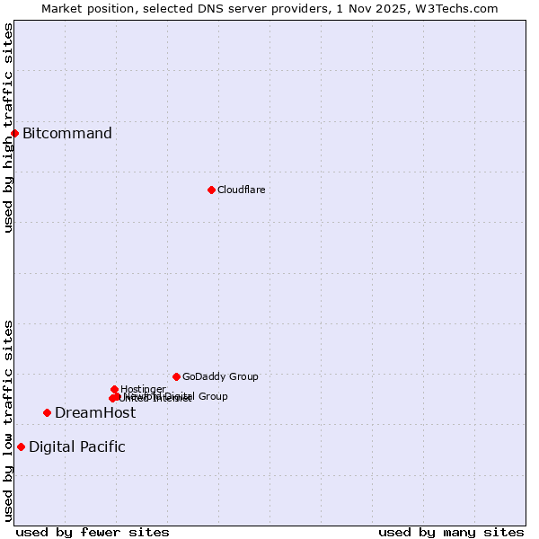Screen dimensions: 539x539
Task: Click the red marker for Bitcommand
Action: click(14, 133)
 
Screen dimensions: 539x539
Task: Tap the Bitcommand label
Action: click(67, 134)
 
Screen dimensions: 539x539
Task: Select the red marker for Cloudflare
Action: click(211, 190)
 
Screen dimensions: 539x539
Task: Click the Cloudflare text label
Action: click(241, 190)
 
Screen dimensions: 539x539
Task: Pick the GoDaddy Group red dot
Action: click(176, 376)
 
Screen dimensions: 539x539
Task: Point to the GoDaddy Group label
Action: click(220, 376)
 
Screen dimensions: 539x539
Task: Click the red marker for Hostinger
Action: click(114, 389)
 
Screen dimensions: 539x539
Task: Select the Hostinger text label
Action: click(143, 389)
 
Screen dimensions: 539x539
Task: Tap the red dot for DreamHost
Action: click(47, 412)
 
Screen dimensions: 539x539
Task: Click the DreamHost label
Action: click(95, 412)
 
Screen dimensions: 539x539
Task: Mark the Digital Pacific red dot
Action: click(21, 446)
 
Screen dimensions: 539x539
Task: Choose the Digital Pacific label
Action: click(77, 446)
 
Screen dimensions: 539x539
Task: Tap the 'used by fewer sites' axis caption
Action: click(93, 532)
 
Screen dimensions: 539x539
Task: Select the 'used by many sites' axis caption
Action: click(451, 532)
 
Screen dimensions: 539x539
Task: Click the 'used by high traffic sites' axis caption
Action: click(8, 128)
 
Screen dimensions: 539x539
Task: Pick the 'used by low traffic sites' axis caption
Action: click(8, 420)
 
